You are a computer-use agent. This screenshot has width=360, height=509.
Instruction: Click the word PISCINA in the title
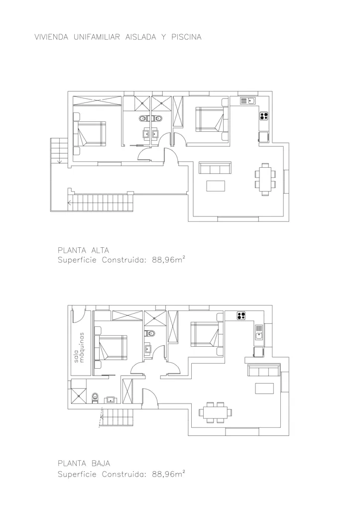click(x=186, y=37)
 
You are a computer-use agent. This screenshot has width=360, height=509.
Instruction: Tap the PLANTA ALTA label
click(x=84, y=250)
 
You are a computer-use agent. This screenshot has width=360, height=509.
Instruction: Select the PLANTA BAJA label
click(x=84, y=464)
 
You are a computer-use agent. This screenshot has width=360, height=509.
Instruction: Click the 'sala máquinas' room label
click(x=79, y=347)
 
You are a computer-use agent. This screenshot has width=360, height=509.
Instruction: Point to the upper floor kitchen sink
click(x=248, y=101)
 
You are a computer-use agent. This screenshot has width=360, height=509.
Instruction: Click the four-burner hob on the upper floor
click(x=264, y=115)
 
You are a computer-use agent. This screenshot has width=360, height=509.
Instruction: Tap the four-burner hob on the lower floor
click(x=241, y=315)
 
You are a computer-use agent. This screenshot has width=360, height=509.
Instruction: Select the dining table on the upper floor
click(x=265, y=180)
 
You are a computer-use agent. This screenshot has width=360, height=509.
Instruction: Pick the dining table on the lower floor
click(x=216, y=412)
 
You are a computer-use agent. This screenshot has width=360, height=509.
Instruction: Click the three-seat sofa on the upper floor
click(x=215, y=168)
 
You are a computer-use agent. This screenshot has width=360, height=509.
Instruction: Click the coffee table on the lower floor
click(x=264, y=388)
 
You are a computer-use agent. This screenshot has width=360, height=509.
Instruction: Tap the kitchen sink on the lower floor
click(x=258, y=332)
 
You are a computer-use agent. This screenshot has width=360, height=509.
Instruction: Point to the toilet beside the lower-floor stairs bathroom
click(x=95, y=398)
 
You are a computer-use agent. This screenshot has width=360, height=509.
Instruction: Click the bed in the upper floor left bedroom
click(x=90, y=134)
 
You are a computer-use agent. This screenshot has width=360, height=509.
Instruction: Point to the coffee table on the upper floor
click(x=216, y=186)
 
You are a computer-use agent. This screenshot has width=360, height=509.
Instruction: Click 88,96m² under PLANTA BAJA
click(x=169, y=474)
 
